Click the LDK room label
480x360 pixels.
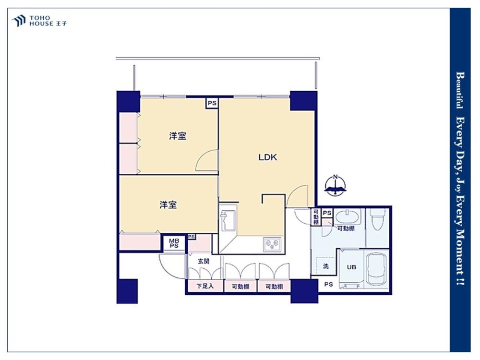point(268,157)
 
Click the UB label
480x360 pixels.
point(351,267)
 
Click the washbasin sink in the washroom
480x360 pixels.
point(348,217)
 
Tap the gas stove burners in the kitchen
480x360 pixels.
point(272,244)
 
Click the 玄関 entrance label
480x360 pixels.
point(204,262)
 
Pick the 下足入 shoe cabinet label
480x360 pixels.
point(205,287)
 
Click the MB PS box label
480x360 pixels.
point(174,243)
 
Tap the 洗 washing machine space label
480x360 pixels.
point(326,266)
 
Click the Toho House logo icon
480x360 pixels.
point(19,21)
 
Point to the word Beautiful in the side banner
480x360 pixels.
point(459,90)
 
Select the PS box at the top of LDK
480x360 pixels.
point(212,103)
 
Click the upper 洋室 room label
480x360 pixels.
point(178,136)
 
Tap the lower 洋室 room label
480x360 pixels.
point(168,205)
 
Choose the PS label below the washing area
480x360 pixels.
point(328,284)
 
